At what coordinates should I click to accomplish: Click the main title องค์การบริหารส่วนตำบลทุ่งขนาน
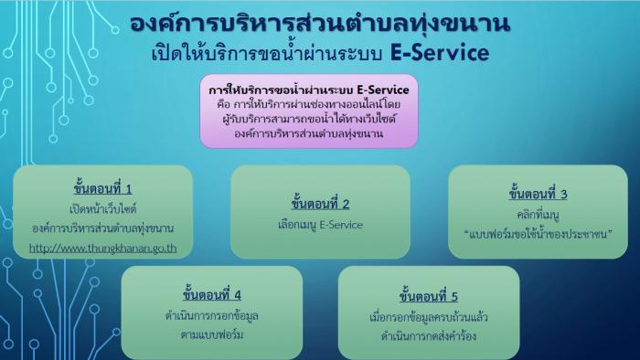click(320, 24)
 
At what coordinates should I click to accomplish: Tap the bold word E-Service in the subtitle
click(440, 53)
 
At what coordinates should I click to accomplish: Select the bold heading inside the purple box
click(309, 90)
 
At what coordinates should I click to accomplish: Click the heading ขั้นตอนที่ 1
click(102, 189)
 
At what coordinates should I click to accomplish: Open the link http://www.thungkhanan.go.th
click(102, 248)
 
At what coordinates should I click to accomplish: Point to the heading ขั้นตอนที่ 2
click(320, 204)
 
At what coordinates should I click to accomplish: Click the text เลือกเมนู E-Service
click(320, 225)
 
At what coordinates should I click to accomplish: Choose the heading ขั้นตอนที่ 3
click(538, 194)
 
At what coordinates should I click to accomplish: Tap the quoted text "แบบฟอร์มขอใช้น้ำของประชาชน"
click(539, 234)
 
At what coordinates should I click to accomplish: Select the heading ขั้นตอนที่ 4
click(212, 294)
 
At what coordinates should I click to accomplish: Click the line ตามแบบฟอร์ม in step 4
click(212, 335)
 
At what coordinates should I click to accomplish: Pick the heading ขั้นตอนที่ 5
click(429, 296)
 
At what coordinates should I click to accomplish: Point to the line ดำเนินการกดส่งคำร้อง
click(429, 336)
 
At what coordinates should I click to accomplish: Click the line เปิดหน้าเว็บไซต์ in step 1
click(102, 209)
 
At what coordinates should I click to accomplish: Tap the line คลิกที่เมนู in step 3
click(538, 215)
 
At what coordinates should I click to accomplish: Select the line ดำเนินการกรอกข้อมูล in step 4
click(212, 315)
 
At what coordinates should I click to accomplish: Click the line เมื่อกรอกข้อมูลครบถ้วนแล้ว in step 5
click(429, 317)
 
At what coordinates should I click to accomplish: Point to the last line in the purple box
click(309, 133)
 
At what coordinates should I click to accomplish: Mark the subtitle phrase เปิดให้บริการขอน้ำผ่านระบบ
click(267, 53)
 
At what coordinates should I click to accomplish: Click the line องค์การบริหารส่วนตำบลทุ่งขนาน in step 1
click(102, 228)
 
